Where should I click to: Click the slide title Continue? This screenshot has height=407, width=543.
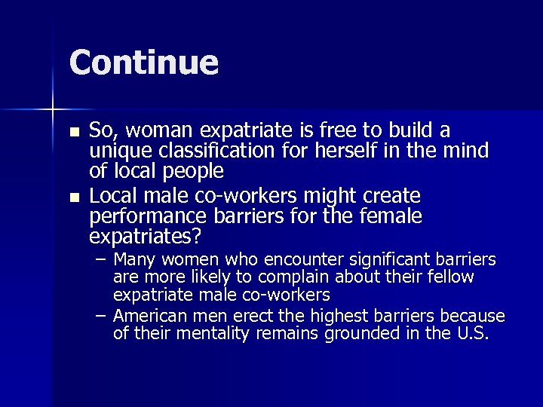143,63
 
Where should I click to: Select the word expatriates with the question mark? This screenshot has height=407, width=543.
145,238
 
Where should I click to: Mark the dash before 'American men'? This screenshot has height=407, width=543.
102,314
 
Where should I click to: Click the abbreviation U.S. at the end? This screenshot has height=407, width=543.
470,332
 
